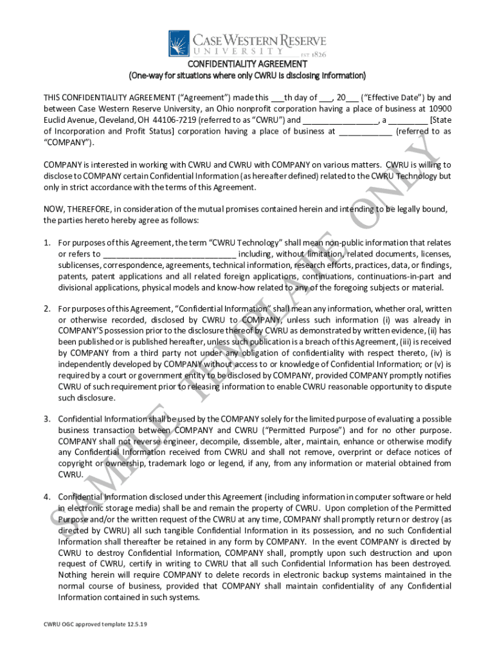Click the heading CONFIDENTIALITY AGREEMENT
tap(248, 64)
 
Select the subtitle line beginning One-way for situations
tap(248, 76)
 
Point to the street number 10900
tap(437, 109)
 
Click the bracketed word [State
tap(440, 120)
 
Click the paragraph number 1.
tap(47, 243)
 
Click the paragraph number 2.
tap(47, 308)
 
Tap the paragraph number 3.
tap(47, 418)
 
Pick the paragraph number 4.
tap(47, 497)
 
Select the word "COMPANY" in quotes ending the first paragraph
tap(67, 141)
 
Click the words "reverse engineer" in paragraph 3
tap(148, 441)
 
